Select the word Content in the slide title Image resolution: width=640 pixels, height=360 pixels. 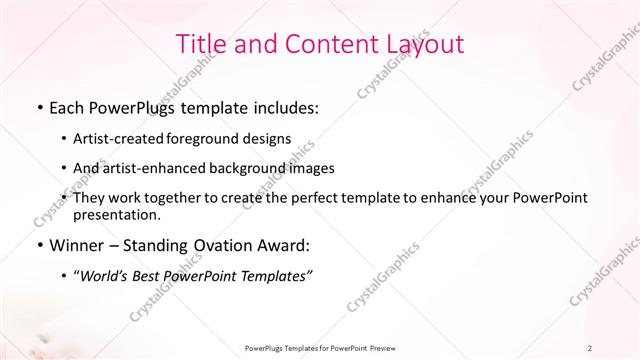319,45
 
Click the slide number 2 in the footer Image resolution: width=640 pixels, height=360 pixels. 590,348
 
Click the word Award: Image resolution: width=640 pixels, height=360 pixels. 285,245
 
